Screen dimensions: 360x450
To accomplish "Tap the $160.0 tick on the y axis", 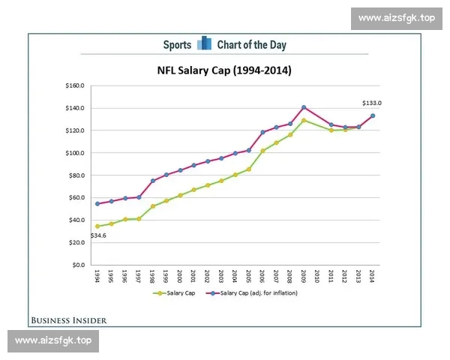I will click(73, 85).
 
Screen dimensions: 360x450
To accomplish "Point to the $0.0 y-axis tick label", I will click(77, 265).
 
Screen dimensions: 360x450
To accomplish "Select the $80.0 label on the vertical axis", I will click(75, 175).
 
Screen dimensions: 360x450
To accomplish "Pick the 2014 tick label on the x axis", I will click(373, 277).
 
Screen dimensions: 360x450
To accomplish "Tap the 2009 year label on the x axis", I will click(304, 277).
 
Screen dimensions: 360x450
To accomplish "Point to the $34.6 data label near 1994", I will click(98, 235).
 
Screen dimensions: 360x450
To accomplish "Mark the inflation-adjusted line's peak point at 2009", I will click(304, 107).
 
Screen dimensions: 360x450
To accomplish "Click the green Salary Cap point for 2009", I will click(304, 120).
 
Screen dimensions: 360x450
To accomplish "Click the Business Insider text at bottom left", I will click(69, 320).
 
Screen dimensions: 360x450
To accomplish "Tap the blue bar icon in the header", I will click(204, 44).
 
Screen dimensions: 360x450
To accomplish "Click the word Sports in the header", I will click(177, 45).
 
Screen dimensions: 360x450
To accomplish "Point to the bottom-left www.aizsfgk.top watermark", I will click(53, 340).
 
